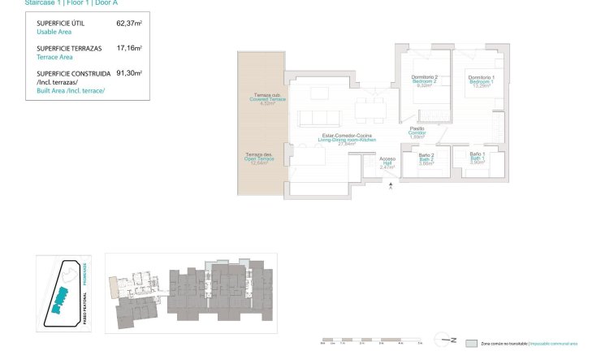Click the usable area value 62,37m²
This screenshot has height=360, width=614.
tap(129, 24)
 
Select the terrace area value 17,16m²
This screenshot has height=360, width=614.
tap(129, 48)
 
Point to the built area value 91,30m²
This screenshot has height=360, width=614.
tap(129, 72)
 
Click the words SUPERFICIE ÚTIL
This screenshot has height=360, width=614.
tap(61, 24)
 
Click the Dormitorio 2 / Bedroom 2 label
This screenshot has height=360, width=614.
tap(424, 80)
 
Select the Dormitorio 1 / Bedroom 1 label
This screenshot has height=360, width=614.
tap(481, 80)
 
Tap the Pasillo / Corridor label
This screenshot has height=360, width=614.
tap(417, 132)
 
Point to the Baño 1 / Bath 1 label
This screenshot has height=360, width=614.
tap(478, 158)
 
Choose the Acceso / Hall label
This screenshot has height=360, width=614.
tap(387, 163)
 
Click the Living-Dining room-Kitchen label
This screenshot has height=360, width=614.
tap(348, 138)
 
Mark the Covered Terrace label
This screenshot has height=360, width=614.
tap(262, 100)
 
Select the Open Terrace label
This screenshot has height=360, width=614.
tap(260, 158)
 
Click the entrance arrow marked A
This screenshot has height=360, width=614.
tap(391, 188)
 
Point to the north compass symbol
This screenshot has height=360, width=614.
tap(449, 340)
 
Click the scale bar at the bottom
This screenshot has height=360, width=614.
tap(370, 340)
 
